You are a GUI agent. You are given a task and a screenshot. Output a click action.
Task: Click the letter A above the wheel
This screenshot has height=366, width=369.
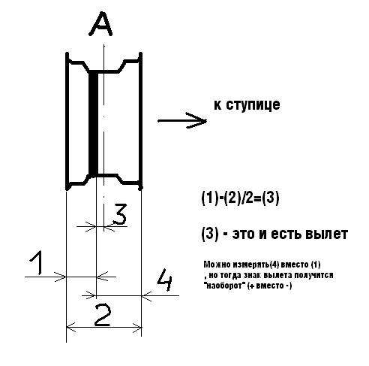coord(100,24)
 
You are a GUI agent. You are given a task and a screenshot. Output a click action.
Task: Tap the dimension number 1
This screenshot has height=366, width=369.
coord(37,263)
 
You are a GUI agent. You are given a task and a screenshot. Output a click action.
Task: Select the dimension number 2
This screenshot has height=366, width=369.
coord(103,315)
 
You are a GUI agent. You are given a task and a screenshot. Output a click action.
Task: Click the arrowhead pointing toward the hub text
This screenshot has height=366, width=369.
coord(197,120)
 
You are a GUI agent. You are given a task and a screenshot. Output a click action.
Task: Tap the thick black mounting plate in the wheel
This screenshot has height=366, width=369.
coord(94,123)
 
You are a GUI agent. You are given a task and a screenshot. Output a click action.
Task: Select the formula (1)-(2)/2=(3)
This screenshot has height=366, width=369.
coord(240,198)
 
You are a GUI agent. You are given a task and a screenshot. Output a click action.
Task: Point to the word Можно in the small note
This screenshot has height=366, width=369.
coord(217,265)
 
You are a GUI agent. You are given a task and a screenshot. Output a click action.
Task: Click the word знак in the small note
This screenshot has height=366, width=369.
coord(252,275)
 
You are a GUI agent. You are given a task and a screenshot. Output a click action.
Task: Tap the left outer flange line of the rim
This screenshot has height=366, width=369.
coord(67,121)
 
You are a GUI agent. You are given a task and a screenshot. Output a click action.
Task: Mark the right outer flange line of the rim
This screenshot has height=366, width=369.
coord(141,121)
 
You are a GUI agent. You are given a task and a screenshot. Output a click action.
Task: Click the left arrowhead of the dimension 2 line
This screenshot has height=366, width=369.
coord(70,327)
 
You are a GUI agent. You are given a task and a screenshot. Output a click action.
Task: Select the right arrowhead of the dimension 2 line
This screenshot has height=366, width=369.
coord(137,327)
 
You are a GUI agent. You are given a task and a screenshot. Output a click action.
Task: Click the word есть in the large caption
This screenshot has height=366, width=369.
coord(286,234)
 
